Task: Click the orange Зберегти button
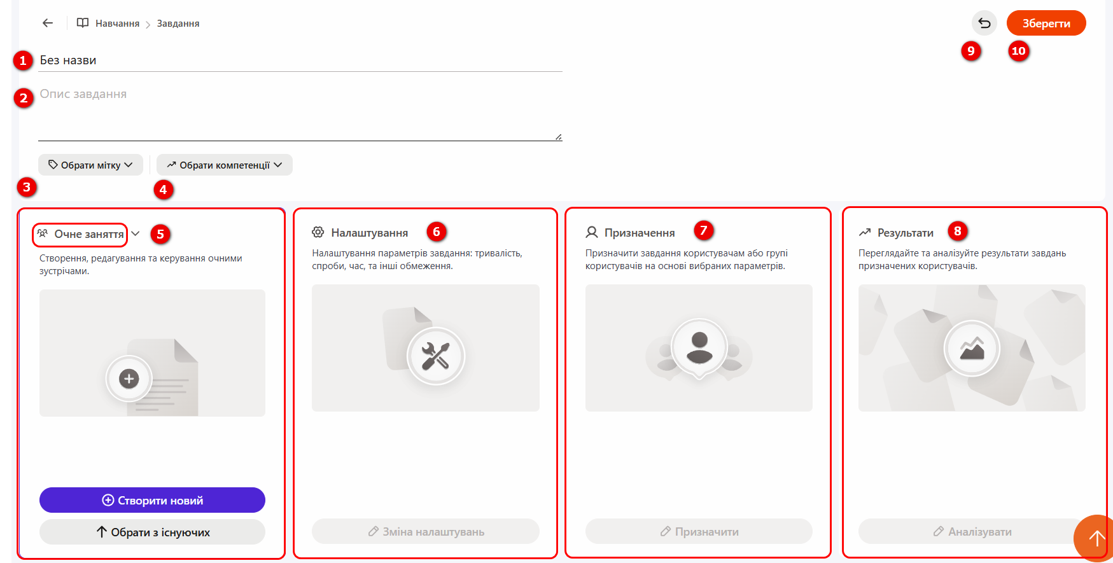tap(1046, 23)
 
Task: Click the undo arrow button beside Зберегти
tap(984, 23)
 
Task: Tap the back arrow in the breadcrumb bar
tap(48, 23)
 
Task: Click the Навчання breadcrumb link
tap(117, 24)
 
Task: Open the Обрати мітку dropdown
tap(90, 165)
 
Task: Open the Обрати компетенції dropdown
tap(225, 165)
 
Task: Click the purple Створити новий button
tap(152, 500)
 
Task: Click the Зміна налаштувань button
tap(426, 531)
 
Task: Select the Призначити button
tap(699, 531)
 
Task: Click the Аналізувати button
tap(972, 531)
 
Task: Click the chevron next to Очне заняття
tap(136, 233)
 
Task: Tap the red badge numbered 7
tap(703, 230)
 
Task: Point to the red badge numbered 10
tap(1018, 51)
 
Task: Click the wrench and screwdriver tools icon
tap(436, 356)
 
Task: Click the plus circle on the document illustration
tap(129, 379)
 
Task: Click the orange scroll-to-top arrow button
tap(1095, 538)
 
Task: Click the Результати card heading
tap(906, 233)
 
